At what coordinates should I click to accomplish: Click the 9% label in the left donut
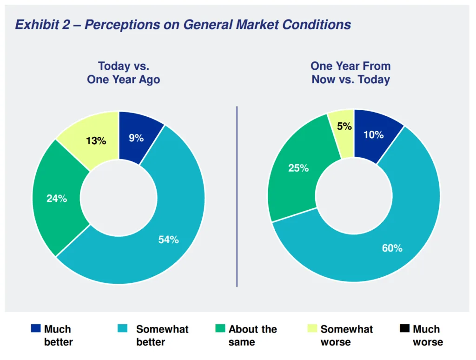click(136, 138)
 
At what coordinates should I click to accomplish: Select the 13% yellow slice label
click(96, 140)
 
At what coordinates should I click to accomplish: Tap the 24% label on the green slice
click(57, 199)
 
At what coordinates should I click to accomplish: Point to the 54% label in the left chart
click(168, 240)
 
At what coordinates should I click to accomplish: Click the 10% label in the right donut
click(373, 135)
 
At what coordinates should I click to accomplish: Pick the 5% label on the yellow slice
click(344, 126)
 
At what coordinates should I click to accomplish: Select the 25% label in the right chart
click(298, 168)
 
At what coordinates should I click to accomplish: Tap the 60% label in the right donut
click(392, 248)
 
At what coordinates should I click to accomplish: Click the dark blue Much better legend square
click(35, 329)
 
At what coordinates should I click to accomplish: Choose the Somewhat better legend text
click(162, 335)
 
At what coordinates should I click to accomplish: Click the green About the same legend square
click(220, 329)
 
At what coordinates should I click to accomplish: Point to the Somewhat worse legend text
click(346, 335)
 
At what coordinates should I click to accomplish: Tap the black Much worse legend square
click(404, 329)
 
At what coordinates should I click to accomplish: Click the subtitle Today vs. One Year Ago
click(123, 73)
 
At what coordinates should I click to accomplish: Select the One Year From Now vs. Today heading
click(350, 73)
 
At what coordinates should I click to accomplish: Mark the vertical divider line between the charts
click(237, 195)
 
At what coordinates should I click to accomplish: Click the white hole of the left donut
click(119, 198)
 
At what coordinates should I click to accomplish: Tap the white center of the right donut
click(354, 196)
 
